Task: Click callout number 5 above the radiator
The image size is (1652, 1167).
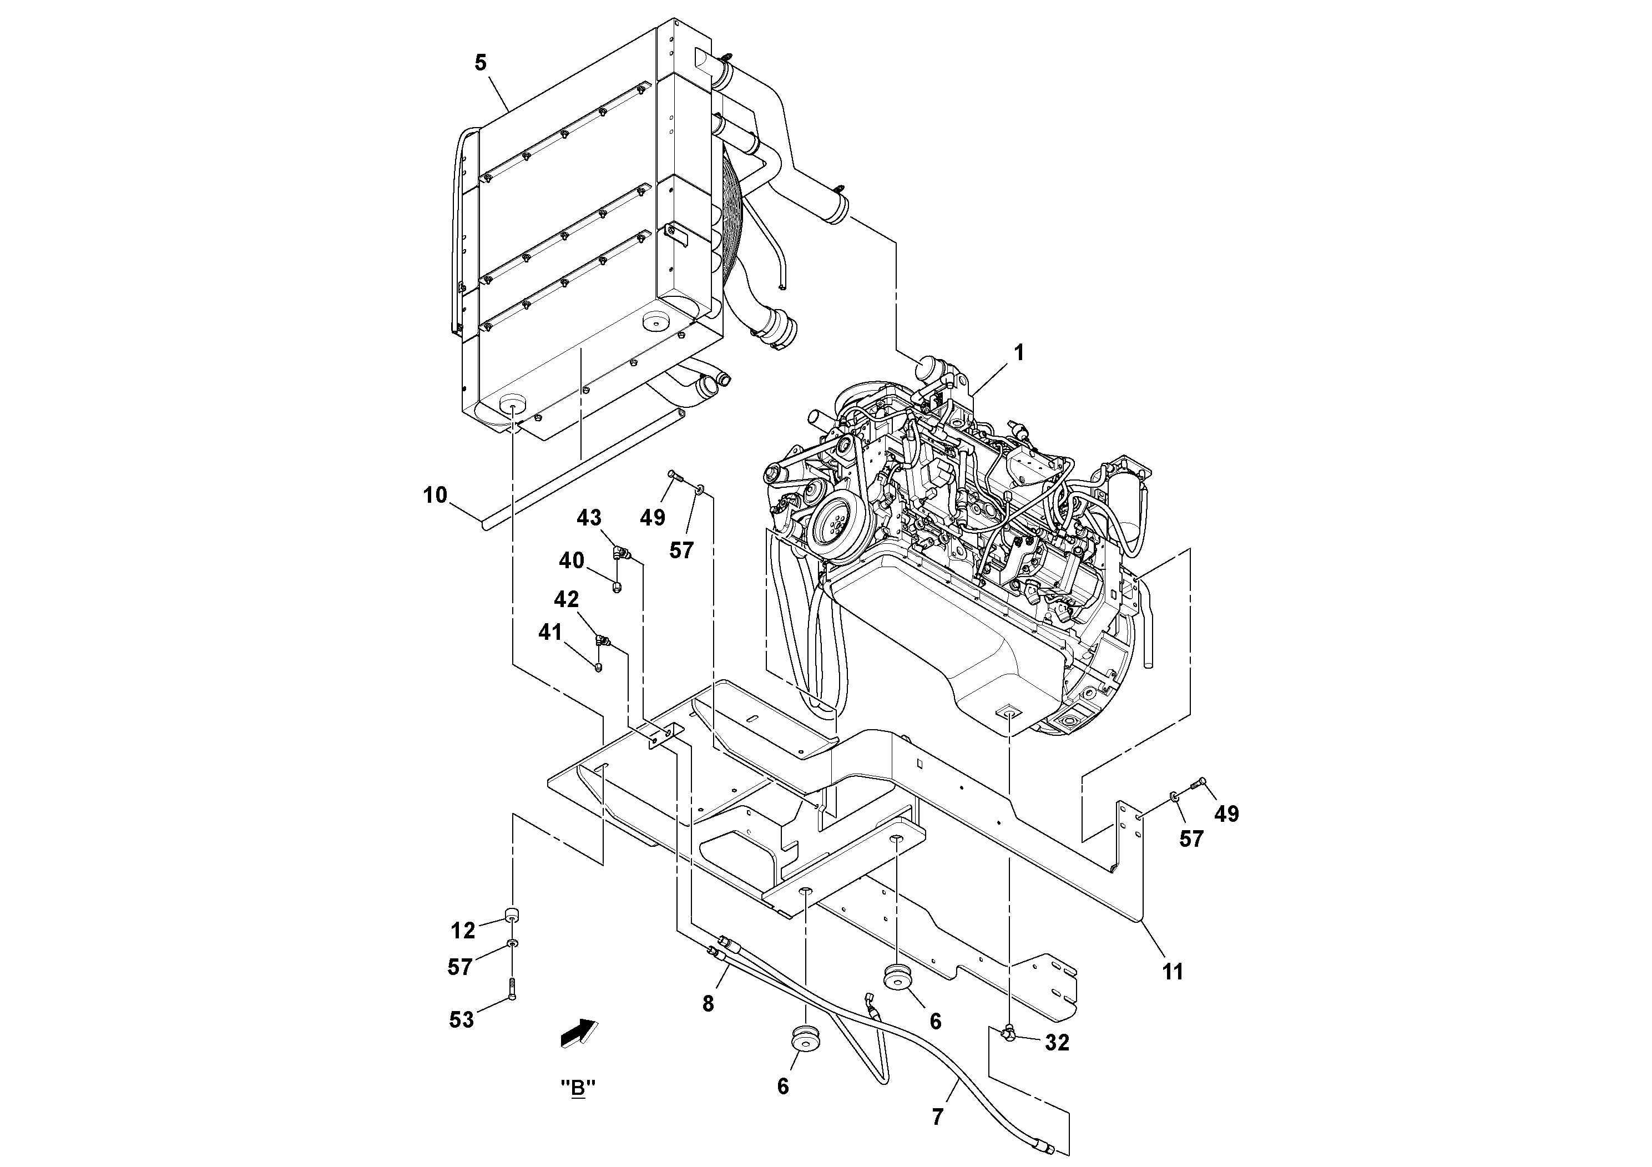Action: pos(481,63)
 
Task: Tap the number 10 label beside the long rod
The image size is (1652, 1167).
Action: pos(435,495)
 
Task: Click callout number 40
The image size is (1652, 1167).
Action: pos(572,560)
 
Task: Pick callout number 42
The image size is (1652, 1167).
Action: pos(565,599)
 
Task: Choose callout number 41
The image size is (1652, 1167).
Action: pos(550,633)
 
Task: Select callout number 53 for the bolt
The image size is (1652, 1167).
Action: pos(461,1019)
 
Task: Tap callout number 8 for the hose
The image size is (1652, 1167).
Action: pos(708,1004)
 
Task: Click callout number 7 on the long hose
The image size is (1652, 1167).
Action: pos(937,1118)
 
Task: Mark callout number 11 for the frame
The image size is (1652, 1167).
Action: pos(1172,972)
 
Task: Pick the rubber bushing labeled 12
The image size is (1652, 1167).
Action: pos(512,915)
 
